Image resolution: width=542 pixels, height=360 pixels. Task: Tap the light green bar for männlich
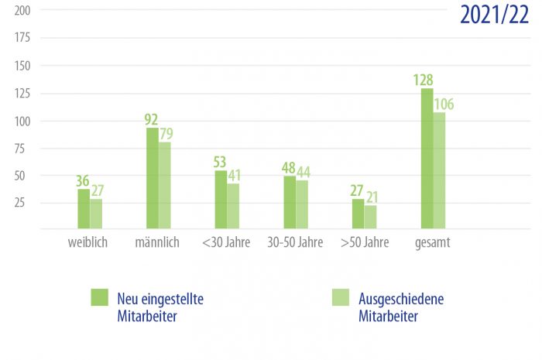(x=165, y=186)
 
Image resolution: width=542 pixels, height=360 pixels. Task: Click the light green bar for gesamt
(x=439, y=171)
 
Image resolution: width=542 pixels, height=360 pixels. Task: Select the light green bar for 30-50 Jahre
(x=302, y=204)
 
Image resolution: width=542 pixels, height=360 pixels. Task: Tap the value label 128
(x=423, y=80)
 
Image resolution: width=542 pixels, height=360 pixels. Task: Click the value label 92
(x=151, y=119)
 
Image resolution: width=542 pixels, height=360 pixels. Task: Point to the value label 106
(x=444, y=104)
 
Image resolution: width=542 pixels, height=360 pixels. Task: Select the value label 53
(x=221, y=162)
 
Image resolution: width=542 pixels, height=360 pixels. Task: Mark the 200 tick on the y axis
(x=22, y=10)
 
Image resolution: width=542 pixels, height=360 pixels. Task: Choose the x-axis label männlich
(x=156, y=242)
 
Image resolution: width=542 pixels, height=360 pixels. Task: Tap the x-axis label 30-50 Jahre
(x=295, y=242)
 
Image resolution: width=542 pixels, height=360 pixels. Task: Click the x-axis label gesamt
(x=432, y=242)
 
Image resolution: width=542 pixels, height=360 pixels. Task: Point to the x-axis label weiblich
(x=87, y=242)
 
